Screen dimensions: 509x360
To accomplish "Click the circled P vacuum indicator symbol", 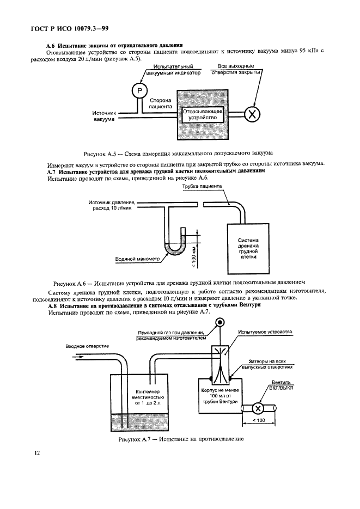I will point(139,89).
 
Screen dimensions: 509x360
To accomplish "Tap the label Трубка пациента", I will point(202,186).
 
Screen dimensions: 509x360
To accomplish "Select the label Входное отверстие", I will point(87,346).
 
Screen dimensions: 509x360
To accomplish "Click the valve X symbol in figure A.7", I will point(260,408).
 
